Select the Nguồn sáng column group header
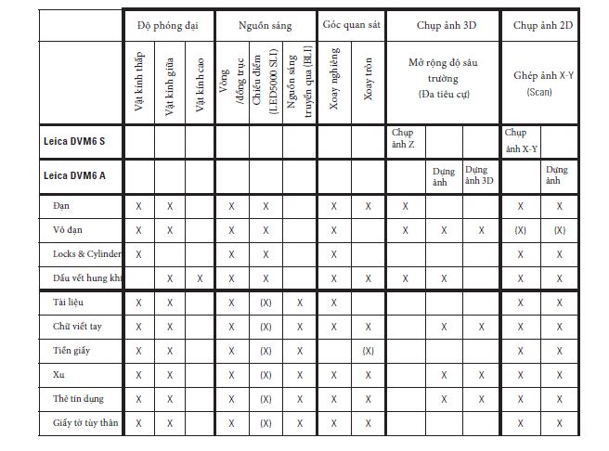[266, 25]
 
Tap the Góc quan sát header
[351, 24]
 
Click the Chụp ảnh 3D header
[442, 25]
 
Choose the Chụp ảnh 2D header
[542, 25]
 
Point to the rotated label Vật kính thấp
[138, 83]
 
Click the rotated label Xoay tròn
[368, 84]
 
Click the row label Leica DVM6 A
[73, 174]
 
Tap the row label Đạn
[63, 205]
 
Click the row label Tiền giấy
[71, 350]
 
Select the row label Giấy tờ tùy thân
[84, 422]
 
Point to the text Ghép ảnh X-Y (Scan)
[542, 82]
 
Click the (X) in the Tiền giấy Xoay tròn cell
[368, 351]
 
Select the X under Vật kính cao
[200, 277]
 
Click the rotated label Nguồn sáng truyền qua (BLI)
[299, 83]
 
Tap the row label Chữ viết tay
[76, 326]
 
